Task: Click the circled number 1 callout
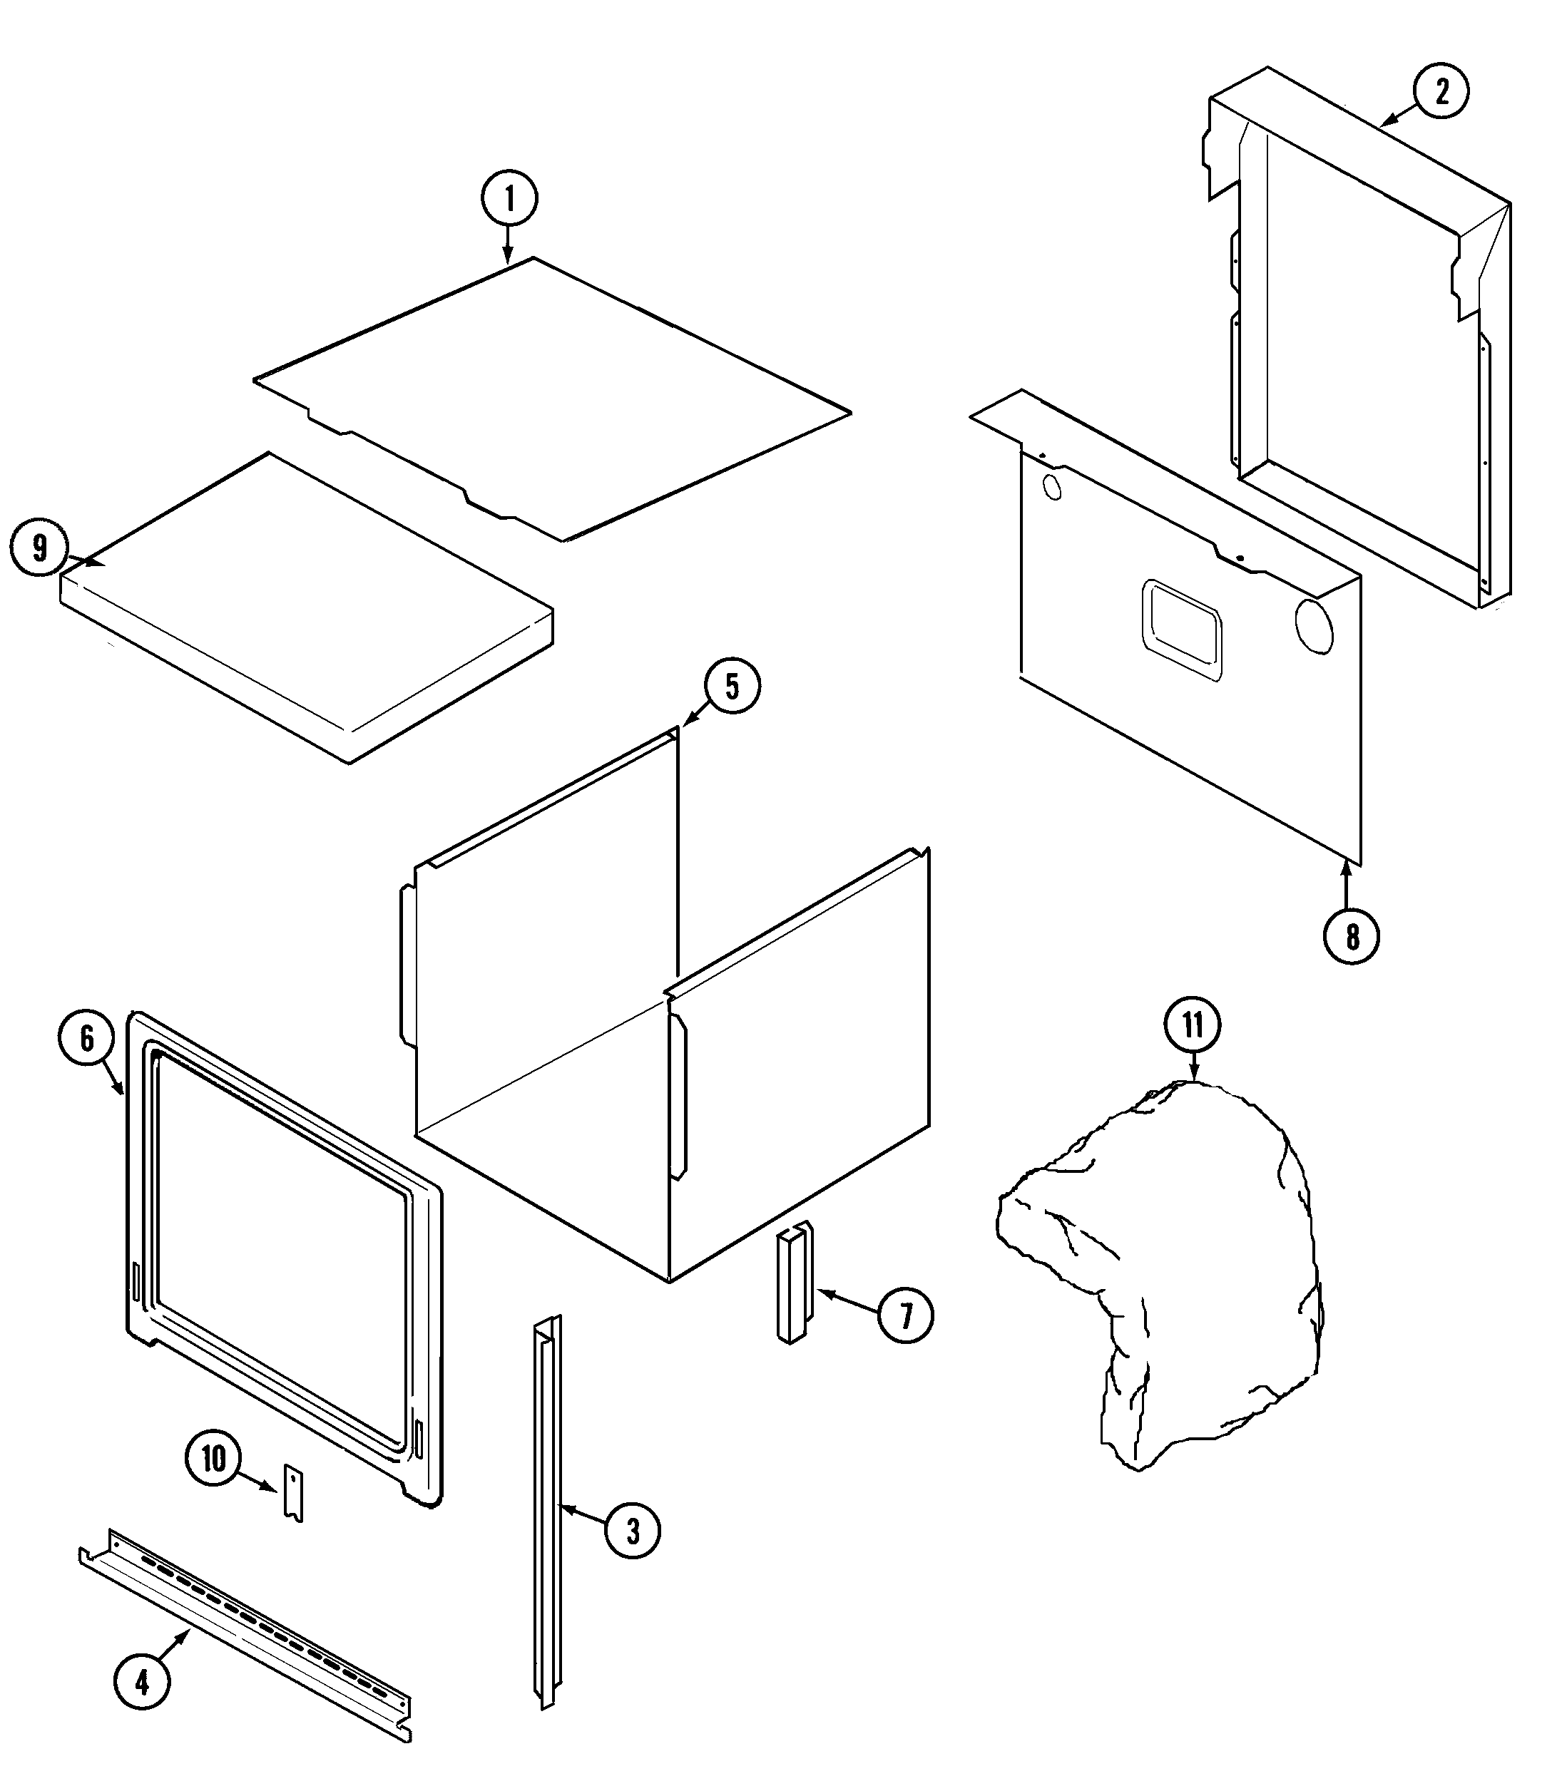[509, 199]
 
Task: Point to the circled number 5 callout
[732, 686]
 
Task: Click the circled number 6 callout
[86, 1038]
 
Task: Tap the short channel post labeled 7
[794, 1282]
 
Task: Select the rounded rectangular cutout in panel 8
[1180, 629]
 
